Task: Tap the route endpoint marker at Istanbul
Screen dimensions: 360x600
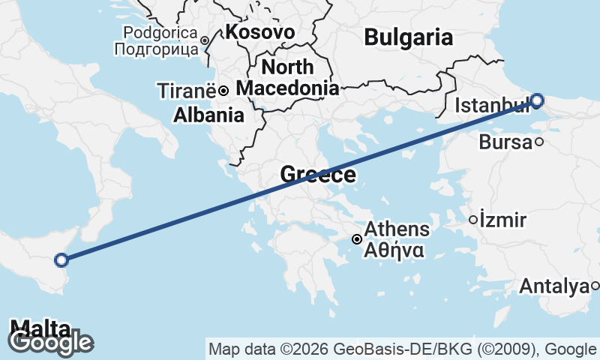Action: [537, 100]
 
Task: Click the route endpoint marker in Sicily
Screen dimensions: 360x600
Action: [61, 260]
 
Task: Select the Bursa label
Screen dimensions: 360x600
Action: [504, 142]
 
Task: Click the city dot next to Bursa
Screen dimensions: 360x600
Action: [539, 142]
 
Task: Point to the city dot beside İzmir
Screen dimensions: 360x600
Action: [472, 220]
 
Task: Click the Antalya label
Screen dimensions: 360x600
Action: [553, 286]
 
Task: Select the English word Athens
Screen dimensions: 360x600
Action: [397, 229]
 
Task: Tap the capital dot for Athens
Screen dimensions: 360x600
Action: [358, 239]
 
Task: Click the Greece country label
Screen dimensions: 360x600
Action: [317, 175]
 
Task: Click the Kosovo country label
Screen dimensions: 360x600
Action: [259, 31]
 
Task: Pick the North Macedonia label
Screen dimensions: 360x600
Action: [287, 78]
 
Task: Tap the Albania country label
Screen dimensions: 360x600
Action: [208, 115]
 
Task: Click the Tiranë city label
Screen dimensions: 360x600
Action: [187, 91]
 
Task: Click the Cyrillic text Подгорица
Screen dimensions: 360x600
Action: [156, 49]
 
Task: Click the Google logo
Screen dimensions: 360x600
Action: [50, 342]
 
